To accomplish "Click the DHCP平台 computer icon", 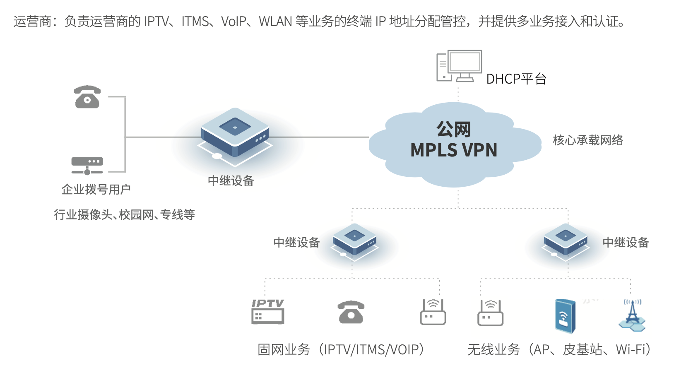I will point(459,66).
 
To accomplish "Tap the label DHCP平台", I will point(516,79).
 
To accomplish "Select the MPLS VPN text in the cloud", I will point(454,150).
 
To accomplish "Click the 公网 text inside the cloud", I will point(454,130).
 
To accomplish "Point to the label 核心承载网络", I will point(588,140).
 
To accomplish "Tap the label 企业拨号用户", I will point(96,189).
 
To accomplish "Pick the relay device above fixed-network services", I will point(354,240).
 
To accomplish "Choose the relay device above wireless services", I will point(566,240).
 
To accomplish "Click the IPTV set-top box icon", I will point(268,312).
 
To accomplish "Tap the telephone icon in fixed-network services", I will point(351,312).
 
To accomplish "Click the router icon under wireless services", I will point(490,313).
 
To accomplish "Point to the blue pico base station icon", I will point(565,316).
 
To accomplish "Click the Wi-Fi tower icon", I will point(632,315).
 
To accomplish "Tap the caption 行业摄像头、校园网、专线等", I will point(124,214).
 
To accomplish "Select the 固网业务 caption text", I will point(284,350).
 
